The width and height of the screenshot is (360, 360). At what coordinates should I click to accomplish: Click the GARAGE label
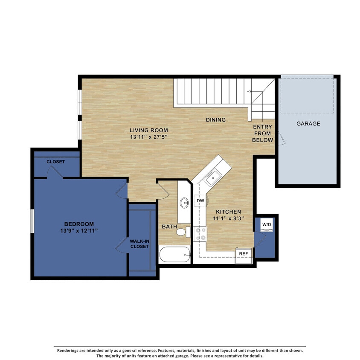(308, 124)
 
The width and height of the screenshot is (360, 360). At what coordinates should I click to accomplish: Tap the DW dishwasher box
(200, 200)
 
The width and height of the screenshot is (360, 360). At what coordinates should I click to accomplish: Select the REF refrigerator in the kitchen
(244, 254)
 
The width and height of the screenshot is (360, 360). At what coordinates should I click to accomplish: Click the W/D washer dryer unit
(267, 224)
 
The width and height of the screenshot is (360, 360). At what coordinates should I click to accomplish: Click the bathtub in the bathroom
(174, 255)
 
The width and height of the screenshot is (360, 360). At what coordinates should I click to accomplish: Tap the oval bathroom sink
(184, 203)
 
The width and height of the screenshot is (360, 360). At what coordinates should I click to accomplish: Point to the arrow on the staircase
(250, 91)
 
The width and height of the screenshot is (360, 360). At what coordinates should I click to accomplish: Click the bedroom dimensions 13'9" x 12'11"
(79, 231)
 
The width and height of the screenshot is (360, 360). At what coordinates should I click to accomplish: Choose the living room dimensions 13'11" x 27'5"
(149, 137)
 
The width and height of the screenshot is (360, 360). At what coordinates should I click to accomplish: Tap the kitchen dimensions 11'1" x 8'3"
(228, 219)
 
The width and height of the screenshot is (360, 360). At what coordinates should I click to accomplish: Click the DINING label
(216, 120)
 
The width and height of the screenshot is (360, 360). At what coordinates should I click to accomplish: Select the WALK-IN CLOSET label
(139, 244)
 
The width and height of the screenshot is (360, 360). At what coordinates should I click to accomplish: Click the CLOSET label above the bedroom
(55, 162)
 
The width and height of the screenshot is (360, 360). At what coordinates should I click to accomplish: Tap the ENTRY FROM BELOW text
(262, 134)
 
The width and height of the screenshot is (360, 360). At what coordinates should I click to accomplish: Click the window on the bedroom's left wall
(32, 221)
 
